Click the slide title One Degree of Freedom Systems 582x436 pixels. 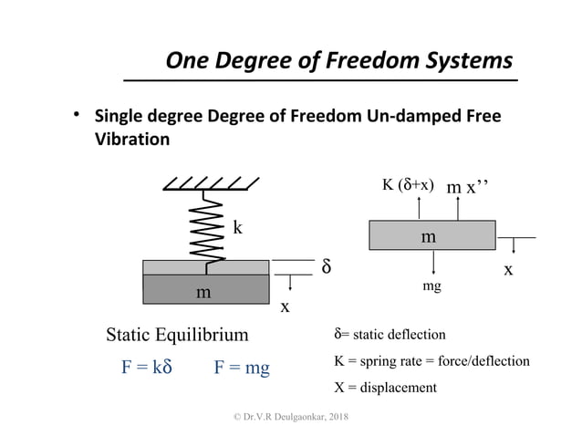coord(338,61)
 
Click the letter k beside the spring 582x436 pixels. coord(237,227)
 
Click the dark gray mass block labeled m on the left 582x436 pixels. coord(205,290)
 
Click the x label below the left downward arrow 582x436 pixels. coord(285,307)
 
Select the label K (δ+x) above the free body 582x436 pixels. coord(406,186)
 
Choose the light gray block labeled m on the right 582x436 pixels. coord(432,235)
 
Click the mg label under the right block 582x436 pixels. coord(432,286)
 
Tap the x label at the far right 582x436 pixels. coord(508,271)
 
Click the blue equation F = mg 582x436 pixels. coord(242,369)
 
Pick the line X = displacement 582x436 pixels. coord(387,387)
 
